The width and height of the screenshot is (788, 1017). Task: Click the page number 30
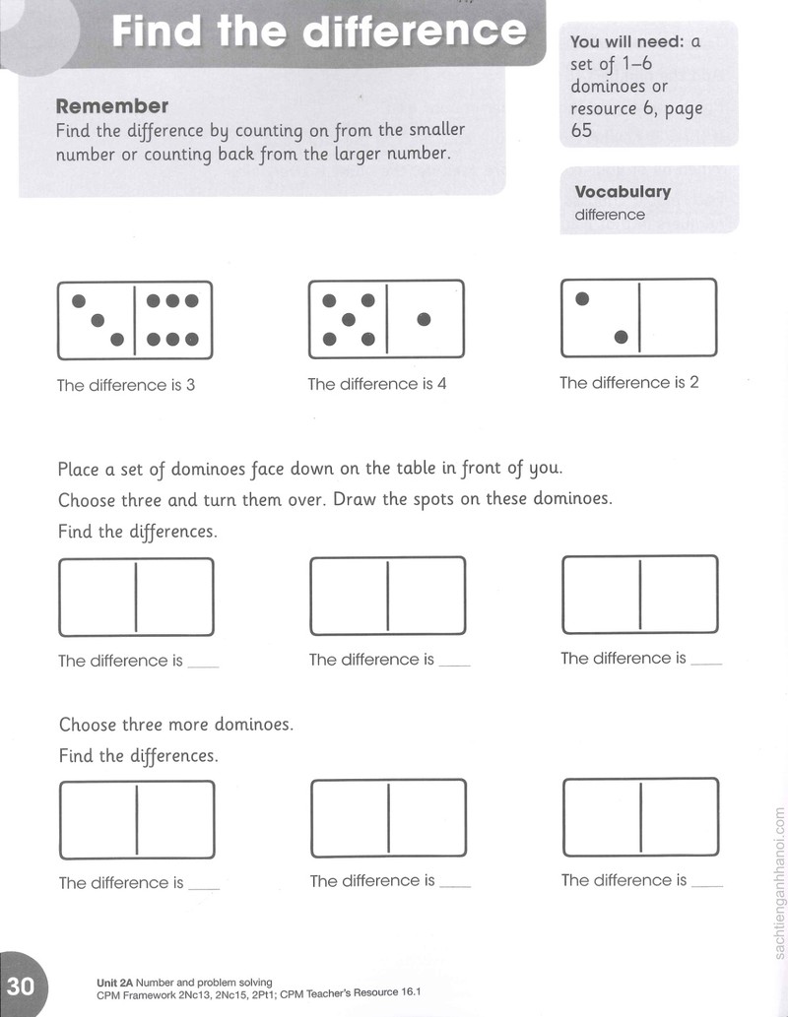point(20,985)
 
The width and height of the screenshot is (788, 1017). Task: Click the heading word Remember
point(111,105)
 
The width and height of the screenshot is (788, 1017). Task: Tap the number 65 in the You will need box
point(581,130)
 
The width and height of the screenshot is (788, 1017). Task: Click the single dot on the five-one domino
point(424,319)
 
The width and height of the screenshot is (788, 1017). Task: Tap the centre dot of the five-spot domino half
point(349,319)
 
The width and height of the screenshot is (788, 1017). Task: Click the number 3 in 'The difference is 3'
point(190,385)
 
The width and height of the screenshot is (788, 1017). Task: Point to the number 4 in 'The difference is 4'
point(441,383)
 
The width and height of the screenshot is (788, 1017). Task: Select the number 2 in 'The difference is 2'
point(693,382)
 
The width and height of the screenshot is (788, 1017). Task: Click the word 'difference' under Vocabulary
point(610,215)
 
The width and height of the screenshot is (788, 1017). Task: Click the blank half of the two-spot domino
point(678,318)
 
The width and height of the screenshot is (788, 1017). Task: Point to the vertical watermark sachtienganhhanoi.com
point(779,883)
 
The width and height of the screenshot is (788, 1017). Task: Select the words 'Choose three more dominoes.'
point(176,724)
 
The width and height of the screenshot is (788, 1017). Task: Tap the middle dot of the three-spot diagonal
point(98,320)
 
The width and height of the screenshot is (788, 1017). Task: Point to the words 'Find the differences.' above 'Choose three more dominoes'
point(138,532)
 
